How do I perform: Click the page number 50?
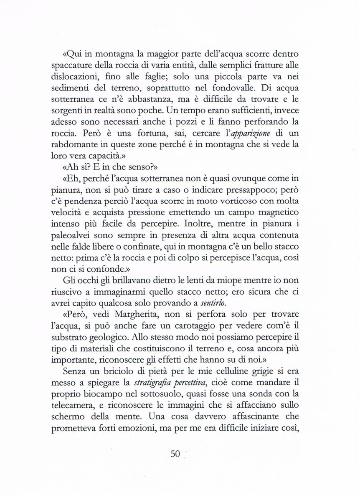[x=175, y=454]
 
